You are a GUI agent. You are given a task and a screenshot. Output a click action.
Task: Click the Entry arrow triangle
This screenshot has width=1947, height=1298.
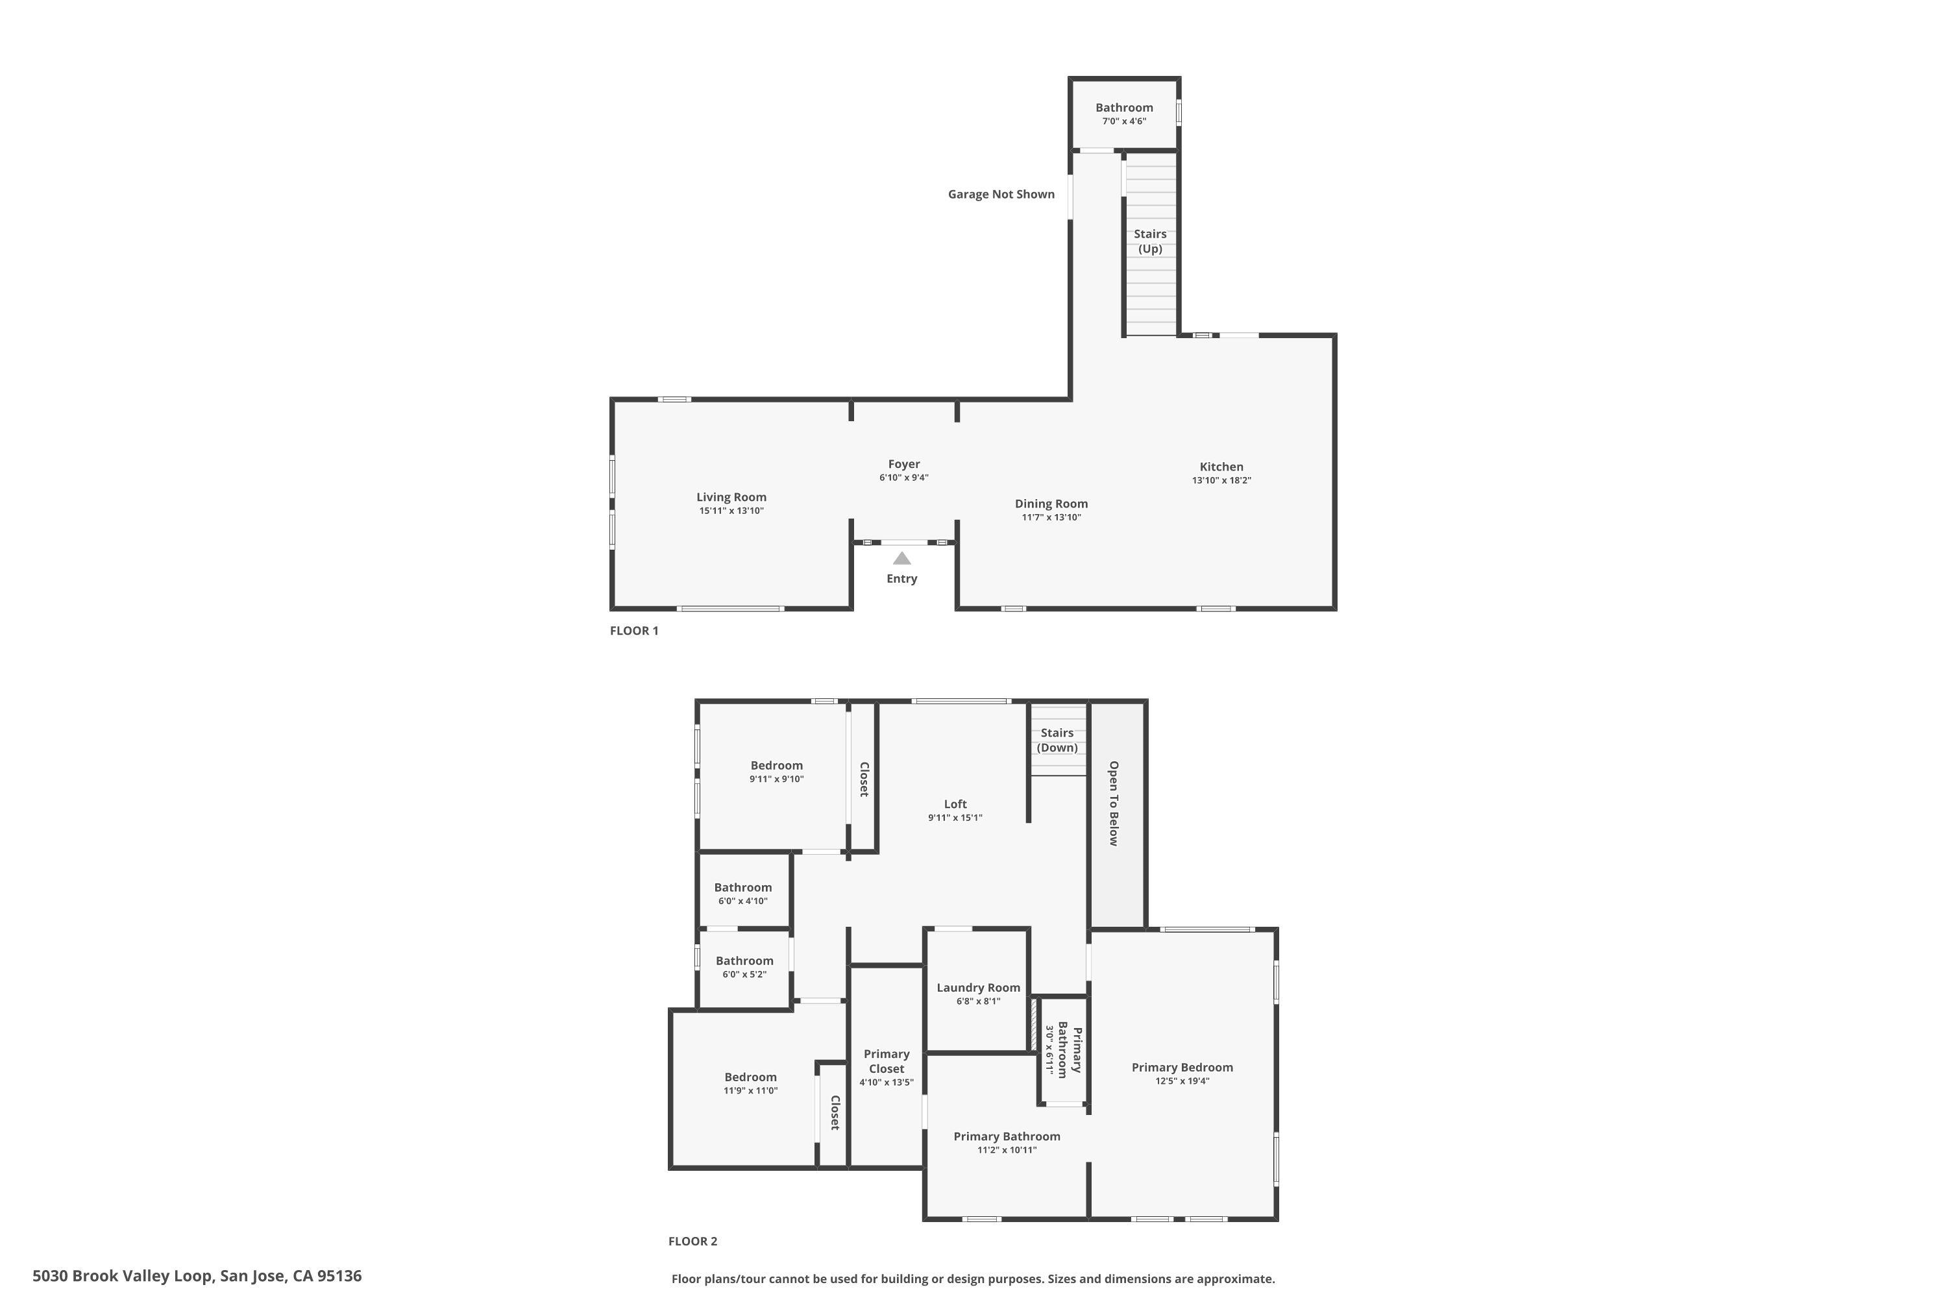901,558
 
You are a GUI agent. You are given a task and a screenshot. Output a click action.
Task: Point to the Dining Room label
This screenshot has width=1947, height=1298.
1051,504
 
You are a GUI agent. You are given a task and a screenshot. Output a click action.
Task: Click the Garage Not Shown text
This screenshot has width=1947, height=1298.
1001,193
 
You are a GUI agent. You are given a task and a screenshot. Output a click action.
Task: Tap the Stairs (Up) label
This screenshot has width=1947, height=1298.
1150,241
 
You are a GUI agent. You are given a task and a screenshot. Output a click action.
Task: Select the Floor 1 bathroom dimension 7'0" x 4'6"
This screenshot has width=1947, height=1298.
1123,121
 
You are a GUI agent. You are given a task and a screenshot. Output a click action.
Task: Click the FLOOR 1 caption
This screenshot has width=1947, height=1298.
634,630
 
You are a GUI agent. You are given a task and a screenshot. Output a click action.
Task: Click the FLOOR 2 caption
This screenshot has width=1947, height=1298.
693,1241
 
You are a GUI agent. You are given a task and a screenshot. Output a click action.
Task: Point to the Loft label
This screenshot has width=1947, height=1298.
955,804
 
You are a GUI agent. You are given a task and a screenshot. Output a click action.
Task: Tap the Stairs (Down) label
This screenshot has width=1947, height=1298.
1057,740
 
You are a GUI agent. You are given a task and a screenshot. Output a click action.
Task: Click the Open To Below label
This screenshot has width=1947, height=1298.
1114,803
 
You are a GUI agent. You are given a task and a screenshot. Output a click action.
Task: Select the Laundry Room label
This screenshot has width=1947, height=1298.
979,988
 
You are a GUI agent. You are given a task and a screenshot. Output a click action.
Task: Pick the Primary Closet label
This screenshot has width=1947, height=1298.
887,1061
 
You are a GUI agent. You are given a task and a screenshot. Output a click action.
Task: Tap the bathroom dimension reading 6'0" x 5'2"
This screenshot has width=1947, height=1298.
744,974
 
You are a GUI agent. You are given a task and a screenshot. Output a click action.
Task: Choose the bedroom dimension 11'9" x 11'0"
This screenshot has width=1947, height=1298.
750,1090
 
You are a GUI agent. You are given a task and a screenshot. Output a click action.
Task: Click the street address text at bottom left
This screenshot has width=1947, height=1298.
197,1276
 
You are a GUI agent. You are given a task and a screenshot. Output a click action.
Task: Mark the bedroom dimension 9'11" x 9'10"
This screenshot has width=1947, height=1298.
776,779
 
